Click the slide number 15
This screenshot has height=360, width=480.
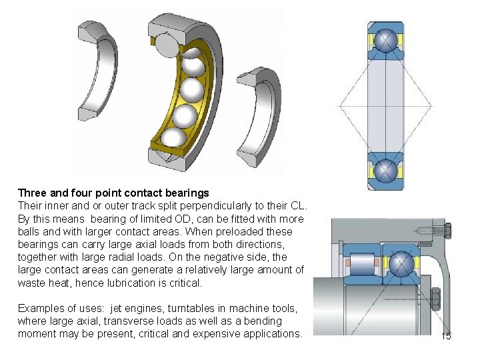coord(446,336)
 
